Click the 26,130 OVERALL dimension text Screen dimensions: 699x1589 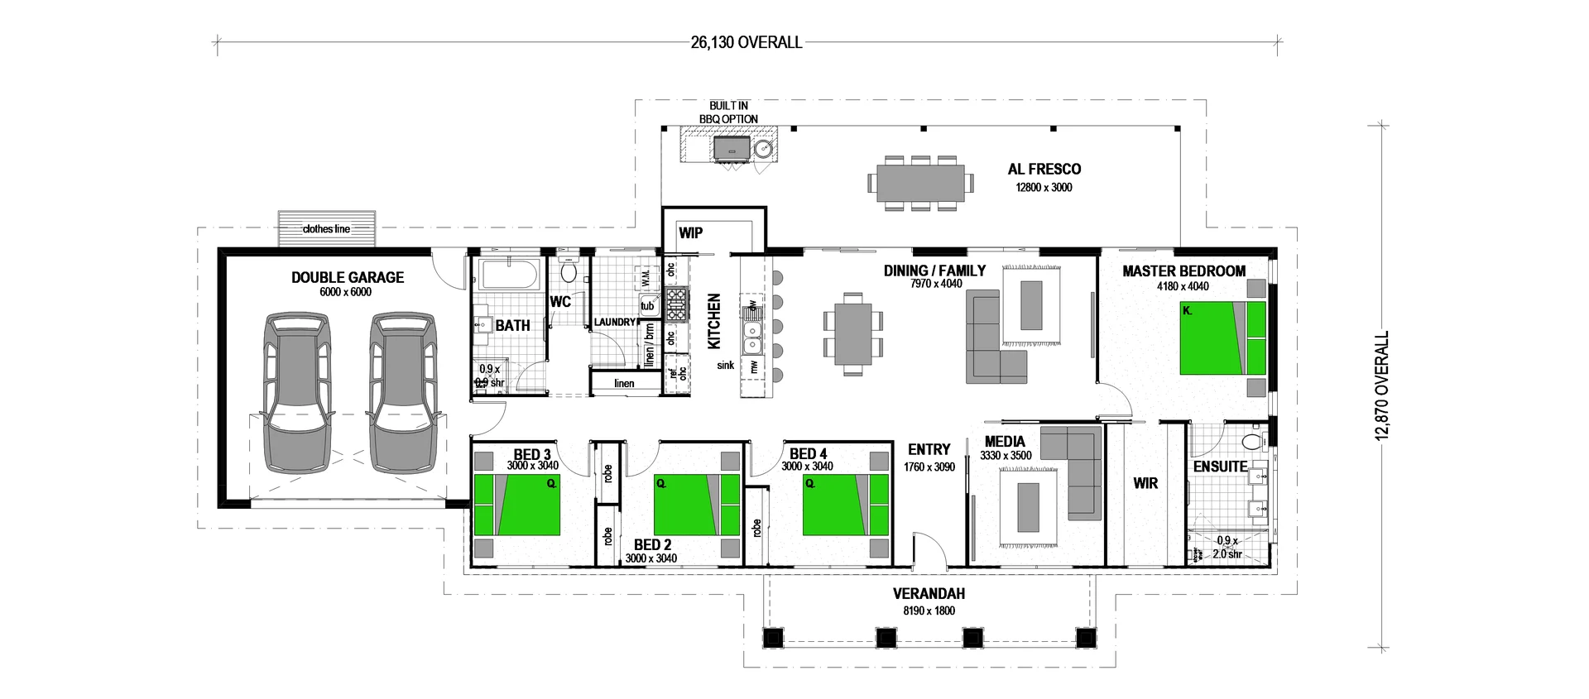click(x=746, y=42)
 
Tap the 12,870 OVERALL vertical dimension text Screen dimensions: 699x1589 click(x=1381, y=386)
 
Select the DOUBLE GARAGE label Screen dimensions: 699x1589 click(x=348, y=277)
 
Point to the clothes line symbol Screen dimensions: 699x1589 click(x=326, y=229)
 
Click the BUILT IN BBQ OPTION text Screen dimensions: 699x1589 click(x=728, y=113)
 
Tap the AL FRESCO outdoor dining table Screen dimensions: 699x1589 click(x=920, y=183)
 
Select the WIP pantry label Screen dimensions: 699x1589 click(x=690, y=232)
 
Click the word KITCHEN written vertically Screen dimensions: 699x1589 click(x=714, y=321)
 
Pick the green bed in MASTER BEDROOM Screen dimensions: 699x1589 click(x=1222, y=338)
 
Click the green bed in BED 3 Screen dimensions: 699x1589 click(x=516, y=504)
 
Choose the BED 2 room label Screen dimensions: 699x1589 click(x=652, y=544)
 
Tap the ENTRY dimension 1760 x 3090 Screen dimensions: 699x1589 click(x=929, y=467)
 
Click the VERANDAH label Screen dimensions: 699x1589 click(x=929, y=593)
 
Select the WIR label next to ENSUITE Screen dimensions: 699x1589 click(x=1145, y=483)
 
